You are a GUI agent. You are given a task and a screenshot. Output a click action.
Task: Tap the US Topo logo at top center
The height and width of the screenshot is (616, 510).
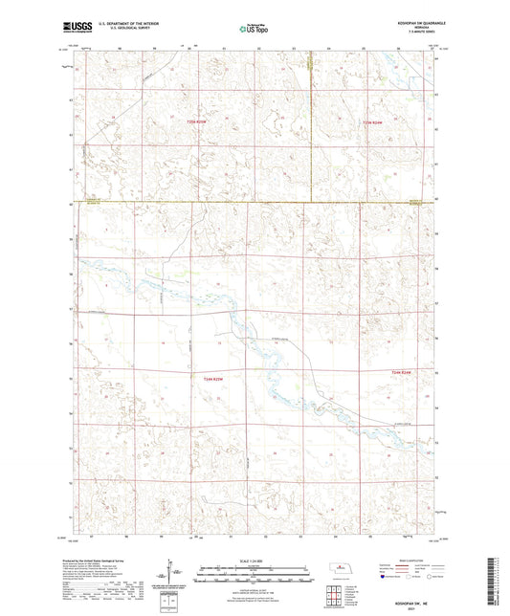(x=254, y=29)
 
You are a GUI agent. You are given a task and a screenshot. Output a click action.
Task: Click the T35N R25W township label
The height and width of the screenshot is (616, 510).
(x=197, y=121)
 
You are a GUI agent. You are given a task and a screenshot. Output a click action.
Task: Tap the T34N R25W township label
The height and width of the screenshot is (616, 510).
(x=212, y=379)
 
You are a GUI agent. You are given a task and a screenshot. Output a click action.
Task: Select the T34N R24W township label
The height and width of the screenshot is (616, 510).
(x=400, y=372)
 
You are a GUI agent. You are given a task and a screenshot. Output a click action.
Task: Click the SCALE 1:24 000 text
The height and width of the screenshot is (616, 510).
(x=255, y=561)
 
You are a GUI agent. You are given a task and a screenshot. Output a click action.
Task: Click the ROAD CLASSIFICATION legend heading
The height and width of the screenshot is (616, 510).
(x=408, y=561)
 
